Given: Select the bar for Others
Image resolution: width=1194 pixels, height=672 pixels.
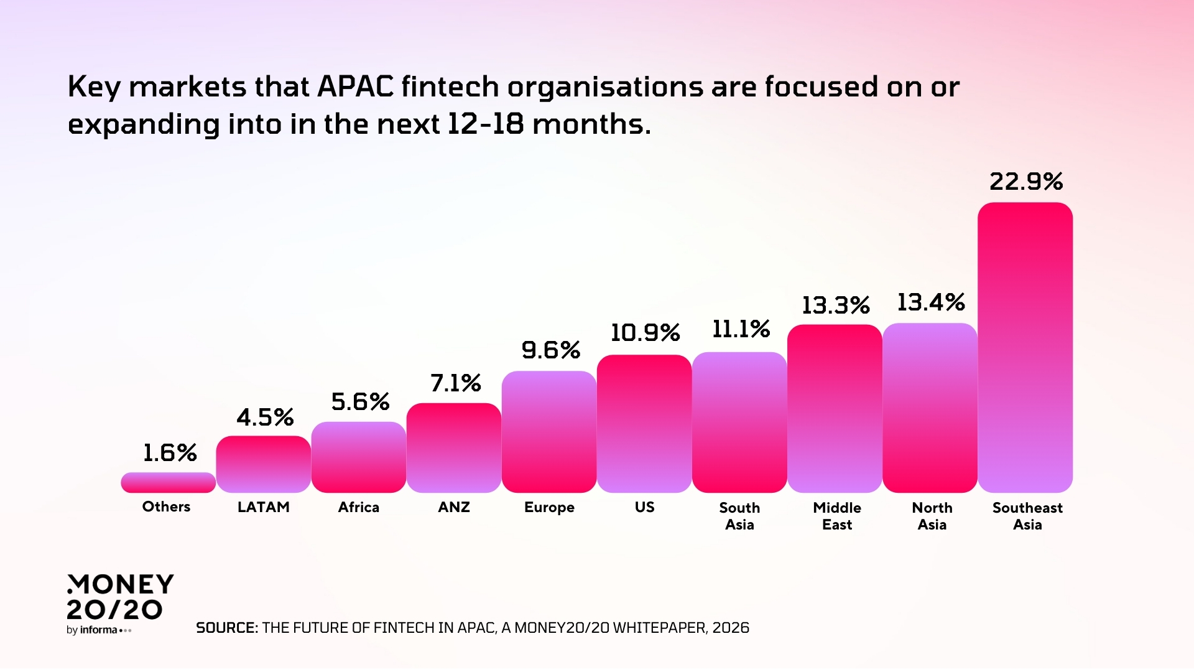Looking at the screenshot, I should pos(168,482).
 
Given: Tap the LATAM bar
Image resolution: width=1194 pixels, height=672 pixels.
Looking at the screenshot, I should pos(263,464).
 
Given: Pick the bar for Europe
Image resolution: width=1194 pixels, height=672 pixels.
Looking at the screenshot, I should pos(548,432).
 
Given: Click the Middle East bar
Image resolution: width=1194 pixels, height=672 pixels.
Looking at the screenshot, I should pos(834,408).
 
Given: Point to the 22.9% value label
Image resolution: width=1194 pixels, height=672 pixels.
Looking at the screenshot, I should pos(1025,182).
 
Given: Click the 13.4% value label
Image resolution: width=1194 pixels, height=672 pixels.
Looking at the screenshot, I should pos(930,302).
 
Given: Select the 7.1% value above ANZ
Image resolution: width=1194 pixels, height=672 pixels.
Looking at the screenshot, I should pos(455,383).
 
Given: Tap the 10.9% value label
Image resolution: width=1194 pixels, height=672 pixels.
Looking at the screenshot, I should pos(644,333).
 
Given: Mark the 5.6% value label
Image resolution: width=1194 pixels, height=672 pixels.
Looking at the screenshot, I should pos(360,402).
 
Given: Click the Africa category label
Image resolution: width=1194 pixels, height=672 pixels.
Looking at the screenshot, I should pos(358,507).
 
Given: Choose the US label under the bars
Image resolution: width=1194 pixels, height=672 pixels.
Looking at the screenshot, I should pos(644,507).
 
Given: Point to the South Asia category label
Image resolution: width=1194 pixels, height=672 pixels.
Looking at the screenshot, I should pos(739,516).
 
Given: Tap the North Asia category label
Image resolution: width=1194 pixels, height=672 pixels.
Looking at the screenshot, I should pos(932,516).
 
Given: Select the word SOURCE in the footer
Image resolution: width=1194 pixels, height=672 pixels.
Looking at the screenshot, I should pos(226,628).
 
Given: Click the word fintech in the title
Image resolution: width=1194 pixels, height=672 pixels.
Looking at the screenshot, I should pos(450,86).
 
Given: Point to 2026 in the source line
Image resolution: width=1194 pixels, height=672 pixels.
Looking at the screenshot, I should pos(731,628).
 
